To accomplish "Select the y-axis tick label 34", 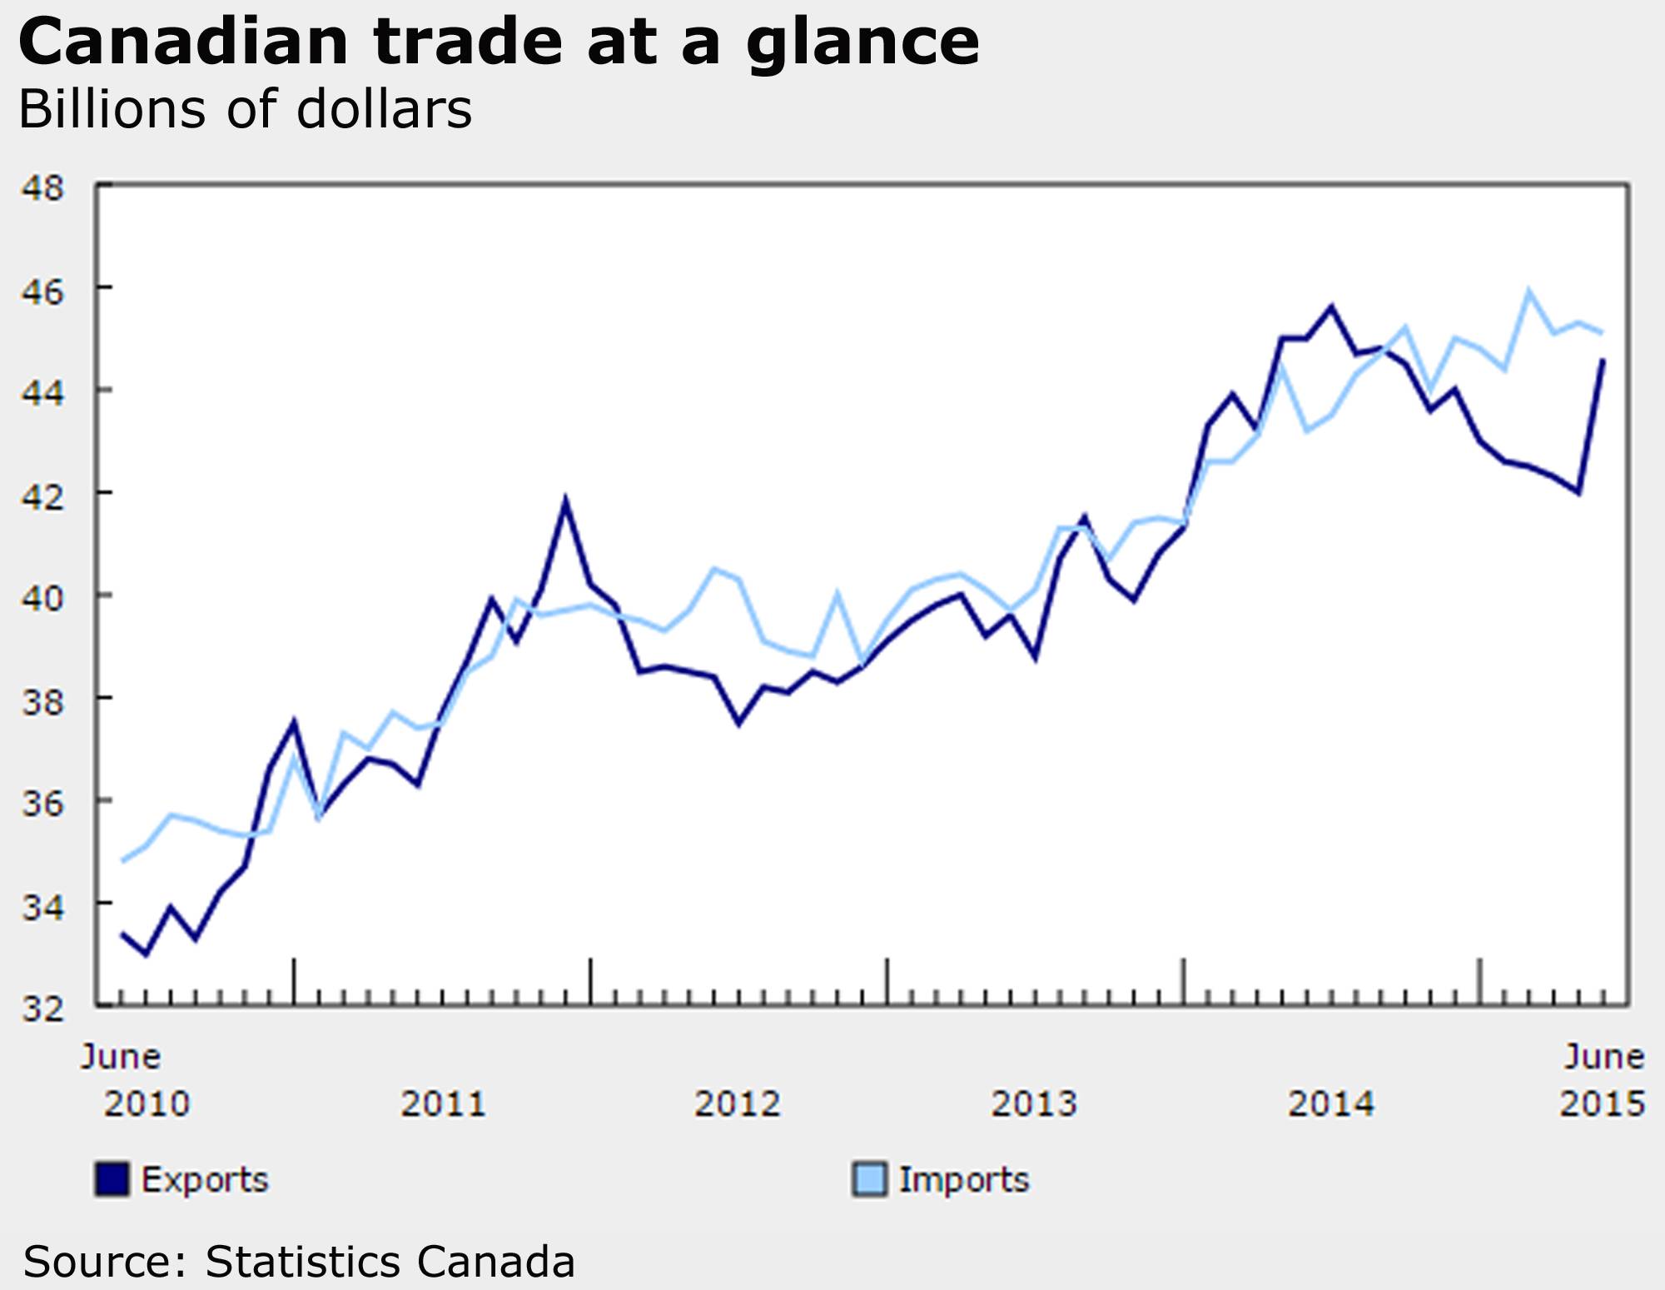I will pos(43,907).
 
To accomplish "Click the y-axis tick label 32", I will pos(43,1009).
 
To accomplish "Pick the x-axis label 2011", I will pos(443,1104).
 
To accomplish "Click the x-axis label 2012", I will pos(738,1104).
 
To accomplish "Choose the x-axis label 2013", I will pos(1034,1104).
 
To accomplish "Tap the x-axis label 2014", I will pos(1330,1104).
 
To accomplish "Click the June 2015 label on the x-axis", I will pos(1603,1081).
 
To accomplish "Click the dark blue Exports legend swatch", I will pos(112,1179).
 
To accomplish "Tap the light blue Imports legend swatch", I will pos(869,1179).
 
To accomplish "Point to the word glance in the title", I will pos(862,43).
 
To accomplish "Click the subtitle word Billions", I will pos(112,109).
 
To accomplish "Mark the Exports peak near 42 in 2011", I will pos(565,501).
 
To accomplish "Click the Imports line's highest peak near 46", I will pos(1528,291).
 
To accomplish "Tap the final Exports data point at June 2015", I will pos(1603,360).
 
